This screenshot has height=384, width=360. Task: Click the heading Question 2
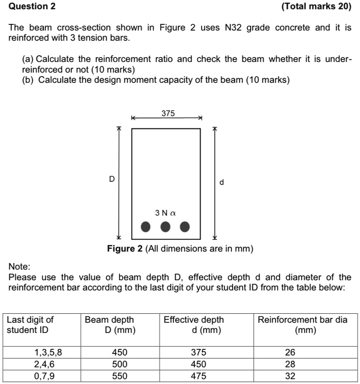(x=32, y=7)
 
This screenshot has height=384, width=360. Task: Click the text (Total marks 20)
(x=316, y=7)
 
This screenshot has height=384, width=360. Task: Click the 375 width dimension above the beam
(x=168, y=113)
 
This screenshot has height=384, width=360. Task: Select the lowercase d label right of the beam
(x=222, y=182)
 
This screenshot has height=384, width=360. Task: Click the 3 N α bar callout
(x=166, y=213)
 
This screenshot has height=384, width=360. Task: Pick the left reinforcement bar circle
(x=145, y=227)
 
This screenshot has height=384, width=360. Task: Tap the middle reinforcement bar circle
(x=165, y=227)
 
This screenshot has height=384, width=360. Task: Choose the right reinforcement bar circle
(x=185, y=227)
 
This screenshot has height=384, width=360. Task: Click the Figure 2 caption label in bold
(x=125, y=249)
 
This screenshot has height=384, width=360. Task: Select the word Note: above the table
(x=19, y=267)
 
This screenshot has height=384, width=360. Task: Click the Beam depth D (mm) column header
(x=109, y=325)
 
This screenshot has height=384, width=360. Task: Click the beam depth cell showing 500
(x=120, y=364)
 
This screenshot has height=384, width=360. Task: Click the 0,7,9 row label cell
(x=43, y=376)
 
